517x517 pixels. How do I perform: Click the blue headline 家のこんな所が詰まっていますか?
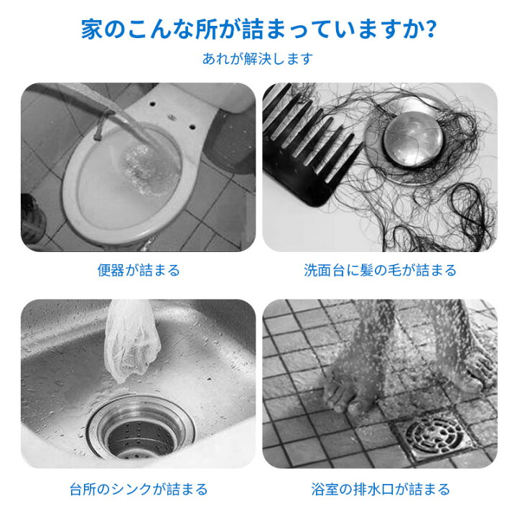pyautogui.click(x=258, y=30)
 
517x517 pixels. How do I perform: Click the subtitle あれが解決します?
pyautogui.click(x=258, y=59)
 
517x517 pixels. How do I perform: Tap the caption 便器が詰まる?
pyautogui.click(x=139, y=271)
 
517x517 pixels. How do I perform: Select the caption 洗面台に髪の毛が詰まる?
pyautogui.click(x=380, y=271)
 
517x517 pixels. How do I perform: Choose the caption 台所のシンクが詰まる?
pyautogui.click(x=139, y=490)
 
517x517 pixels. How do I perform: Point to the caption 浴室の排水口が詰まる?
pyautogui.click(x=380, y=490)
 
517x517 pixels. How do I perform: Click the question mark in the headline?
pyautogui.click(x=428, y=30)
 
